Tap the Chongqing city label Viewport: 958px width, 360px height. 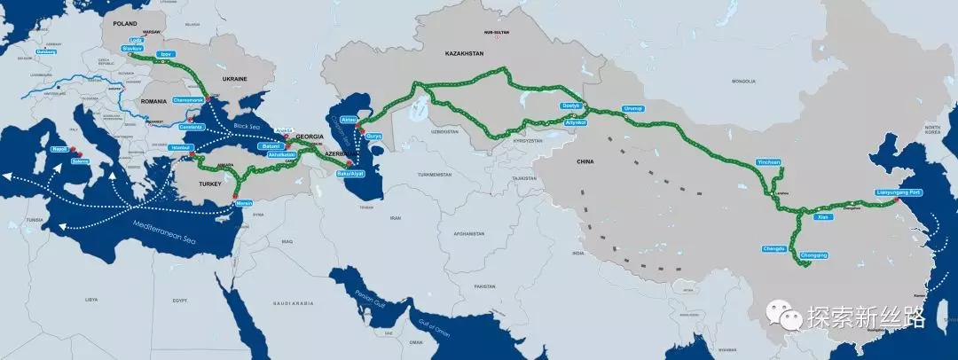(x=813, y=255)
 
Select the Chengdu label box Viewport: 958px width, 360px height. (x=773, y=248)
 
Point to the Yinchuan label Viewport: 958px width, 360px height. (x=768, y=163)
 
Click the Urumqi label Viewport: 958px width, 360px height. (x=633, y=108)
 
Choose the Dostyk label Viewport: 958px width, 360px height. (x=570, y=106)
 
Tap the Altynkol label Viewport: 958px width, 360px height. (x=576, y=122)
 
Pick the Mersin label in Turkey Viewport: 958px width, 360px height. (x=245, y=203)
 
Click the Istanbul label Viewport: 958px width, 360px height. (x=181, y=148)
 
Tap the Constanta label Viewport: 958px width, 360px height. (x=192, y=127)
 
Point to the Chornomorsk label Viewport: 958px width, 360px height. (x=190, y=99)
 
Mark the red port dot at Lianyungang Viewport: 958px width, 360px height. (x=897, y=201)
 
